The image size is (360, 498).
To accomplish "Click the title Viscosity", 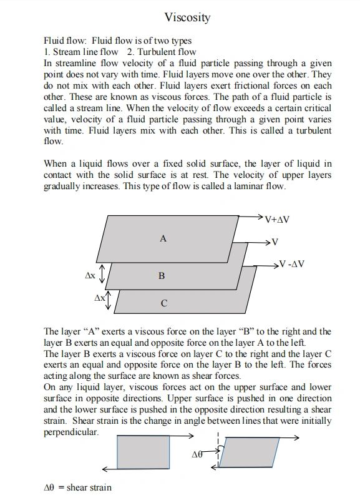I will pyautogui.click(x=187, y=17).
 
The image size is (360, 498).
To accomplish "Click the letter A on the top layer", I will pyautogui.click(x=163, y=238).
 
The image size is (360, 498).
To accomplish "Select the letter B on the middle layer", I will pyautogui.click(x=161, y=275).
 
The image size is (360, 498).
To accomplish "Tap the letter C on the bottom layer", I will pyautogui.click(x=163, y=304).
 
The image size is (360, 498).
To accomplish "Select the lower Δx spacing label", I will pyautogui.click(x=100, y=298).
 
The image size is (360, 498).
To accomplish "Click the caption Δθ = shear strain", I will pyautogui.click(x=77, y=487).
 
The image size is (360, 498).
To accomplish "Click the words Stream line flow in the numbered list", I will pyautogui.click(x=85, y=52).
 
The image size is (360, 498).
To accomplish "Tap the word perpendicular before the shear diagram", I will pyautogui.click(x=71, y=432).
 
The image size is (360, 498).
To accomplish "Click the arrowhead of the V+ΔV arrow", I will pyautogui.click(x=260, y=216).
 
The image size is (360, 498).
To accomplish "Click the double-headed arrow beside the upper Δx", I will pyautogui.click(x=104, y=273).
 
